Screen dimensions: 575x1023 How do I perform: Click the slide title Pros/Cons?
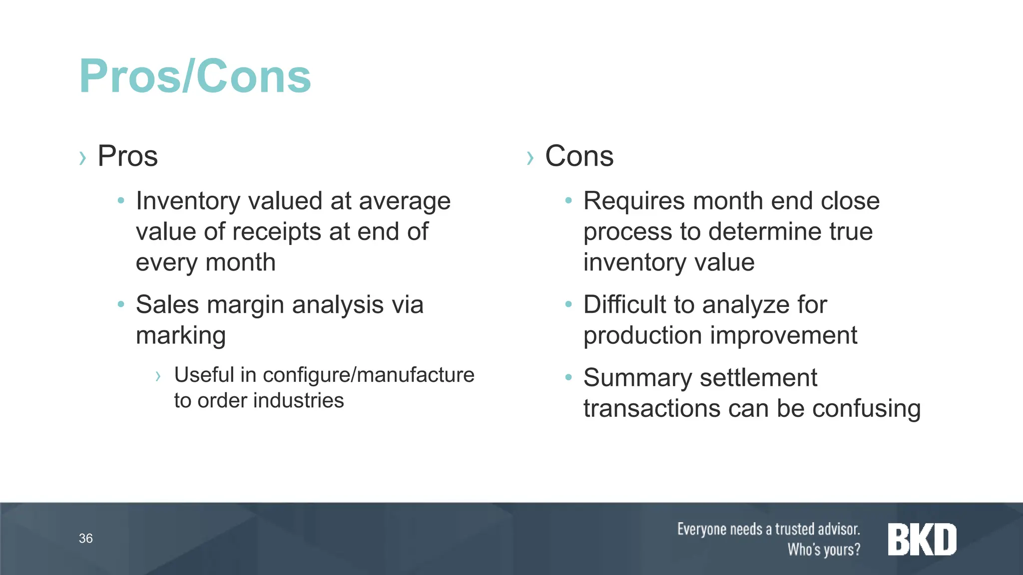click(195, 76)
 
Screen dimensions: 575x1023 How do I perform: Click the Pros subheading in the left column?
click(127, 156)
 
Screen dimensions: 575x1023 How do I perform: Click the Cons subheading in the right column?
click(579, 156)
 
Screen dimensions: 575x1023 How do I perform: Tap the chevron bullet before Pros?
click(82, 158)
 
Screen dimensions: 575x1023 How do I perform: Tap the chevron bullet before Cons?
click(530, 158)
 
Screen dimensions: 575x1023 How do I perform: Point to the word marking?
click(181, 336)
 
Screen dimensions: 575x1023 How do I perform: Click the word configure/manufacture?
click(369, 375)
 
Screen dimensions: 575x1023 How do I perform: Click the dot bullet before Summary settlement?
click(568, 377)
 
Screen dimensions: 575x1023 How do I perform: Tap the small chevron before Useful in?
click(158, 376)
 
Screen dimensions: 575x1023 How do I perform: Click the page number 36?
click(85, 538)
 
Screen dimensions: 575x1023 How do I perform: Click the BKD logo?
click(922, 539)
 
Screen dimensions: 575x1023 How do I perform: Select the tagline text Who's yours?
click(824, 550)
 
